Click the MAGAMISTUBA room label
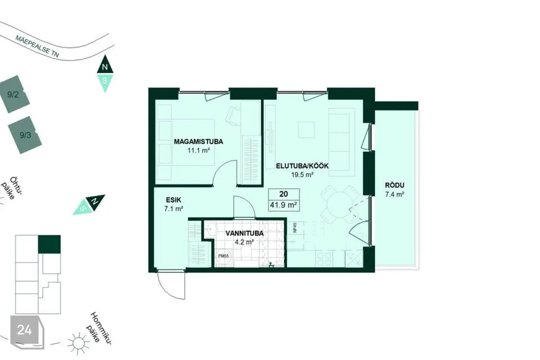(199, 142)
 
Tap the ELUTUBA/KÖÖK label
(302, 166)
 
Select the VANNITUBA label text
(245, 233)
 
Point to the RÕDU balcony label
(395, 185)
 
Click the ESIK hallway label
(174, 200)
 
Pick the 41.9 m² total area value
(283, 205)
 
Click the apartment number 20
(283, 194)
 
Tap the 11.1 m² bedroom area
(199, 150)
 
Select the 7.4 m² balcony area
(395, 194)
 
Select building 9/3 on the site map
(25, 135)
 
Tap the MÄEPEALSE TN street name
(37, 46)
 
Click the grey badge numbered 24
(27, 331)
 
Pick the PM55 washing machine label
(223, 256)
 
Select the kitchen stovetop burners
(324, 258)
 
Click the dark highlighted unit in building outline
(49, 244)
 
